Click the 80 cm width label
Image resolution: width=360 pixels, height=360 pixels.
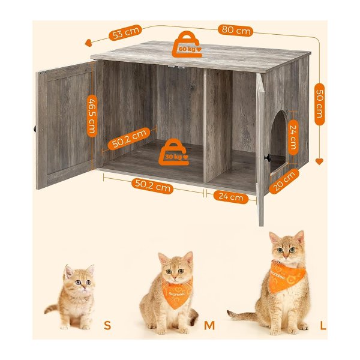[235, 30]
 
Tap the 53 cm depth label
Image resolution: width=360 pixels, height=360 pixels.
[125, 32]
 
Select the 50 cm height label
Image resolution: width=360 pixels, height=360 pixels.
[320, 104]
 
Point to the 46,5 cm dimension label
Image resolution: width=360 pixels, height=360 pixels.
[92, 116]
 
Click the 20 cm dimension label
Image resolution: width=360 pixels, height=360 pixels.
[284, 181]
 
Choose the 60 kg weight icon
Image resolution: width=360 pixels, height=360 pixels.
[187, 44]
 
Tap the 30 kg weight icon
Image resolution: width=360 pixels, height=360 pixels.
[174, 152]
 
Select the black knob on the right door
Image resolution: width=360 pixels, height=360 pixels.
[267, 158]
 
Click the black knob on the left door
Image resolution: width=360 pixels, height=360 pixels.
[35, 128]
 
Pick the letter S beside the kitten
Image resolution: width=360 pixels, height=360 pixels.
[107, 325]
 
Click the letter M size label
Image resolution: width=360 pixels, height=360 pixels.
[209, 325]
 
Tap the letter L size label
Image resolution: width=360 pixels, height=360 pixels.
[323, 325]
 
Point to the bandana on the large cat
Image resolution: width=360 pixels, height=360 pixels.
[286, 277]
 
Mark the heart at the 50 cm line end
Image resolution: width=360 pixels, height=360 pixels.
[319, 161]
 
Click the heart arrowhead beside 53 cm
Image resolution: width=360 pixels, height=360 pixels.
[88, 43]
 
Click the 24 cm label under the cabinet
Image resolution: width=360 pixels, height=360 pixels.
[231, 197]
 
